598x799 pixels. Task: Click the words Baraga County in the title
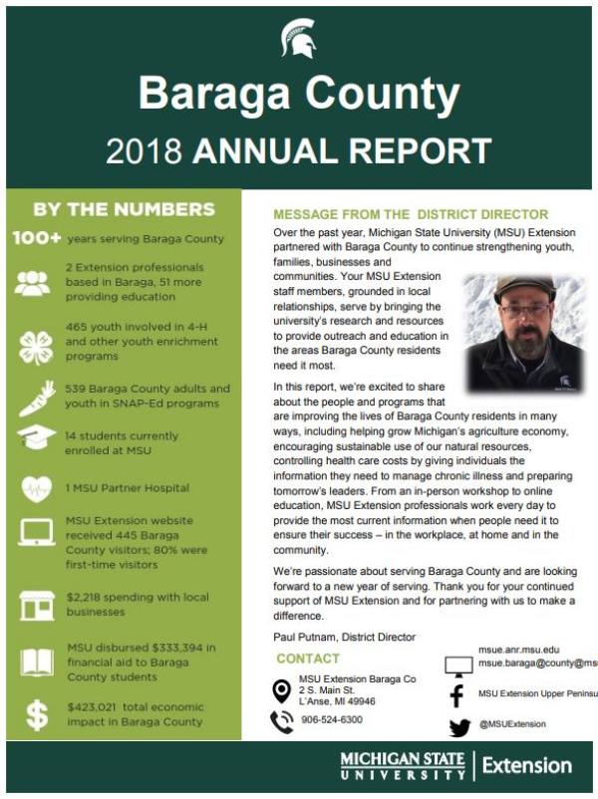tap(298, 94)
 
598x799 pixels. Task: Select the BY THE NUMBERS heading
tap(124, 209)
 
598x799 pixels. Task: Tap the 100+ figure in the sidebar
tap(37, 239)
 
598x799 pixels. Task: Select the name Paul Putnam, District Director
tap(344, 637)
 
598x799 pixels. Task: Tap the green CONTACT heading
tap(308, 659)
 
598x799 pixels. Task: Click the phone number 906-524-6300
tap(331, 719)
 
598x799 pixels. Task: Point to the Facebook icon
tap(458, 694)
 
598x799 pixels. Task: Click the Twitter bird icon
tap(458, 728)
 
